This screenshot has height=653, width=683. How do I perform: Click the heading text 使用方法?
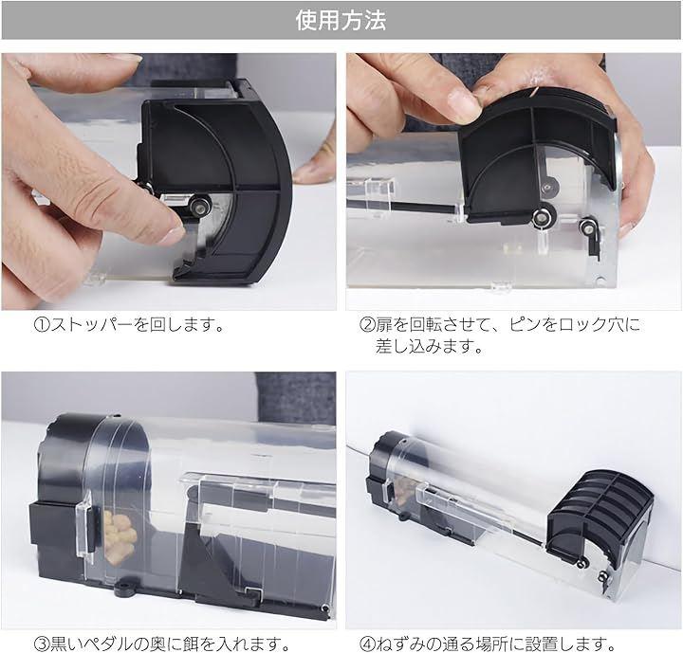point(341,21)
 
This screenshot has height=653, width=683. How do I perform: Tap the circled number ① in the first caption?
point(42,325)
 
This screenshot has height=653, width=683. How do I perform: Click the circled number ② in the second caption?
point(367,325)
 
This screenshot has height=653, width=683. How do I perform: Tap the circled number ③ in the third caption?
point(42,644)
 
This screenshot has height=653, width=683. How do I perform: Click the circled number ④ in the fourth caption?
point(367,644)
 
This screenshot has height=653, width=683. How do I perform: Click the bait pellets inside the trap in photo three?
point(119,536)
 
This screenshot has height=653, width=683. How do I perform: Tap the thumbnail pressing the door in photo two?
point(462,101)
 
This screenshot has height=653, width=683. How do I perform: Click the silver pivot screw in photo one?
point(200,206)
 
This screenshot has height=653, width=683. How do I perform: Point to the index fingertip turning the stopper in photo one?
point(174,230)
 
